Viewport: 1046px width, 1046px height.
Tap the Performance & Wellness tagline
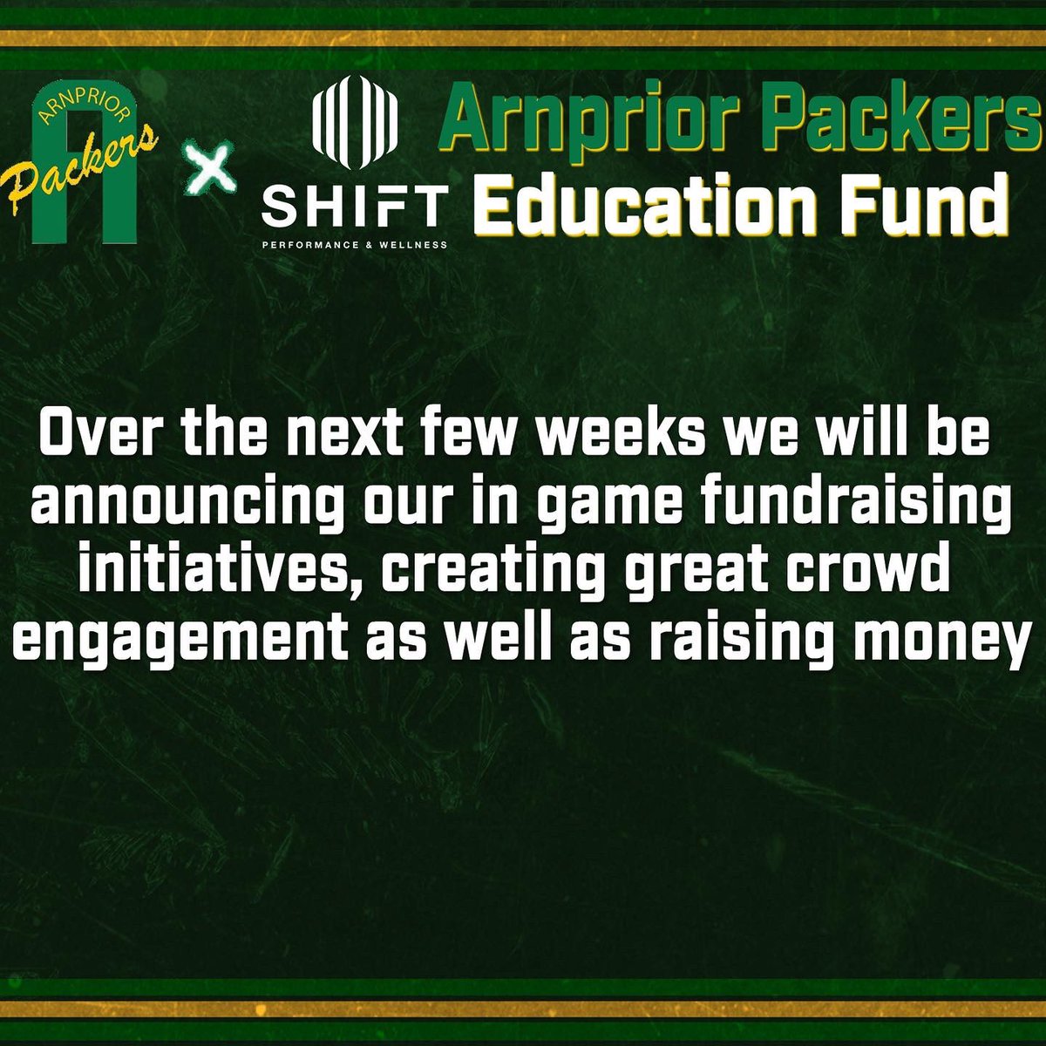[x=356, y=246]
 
